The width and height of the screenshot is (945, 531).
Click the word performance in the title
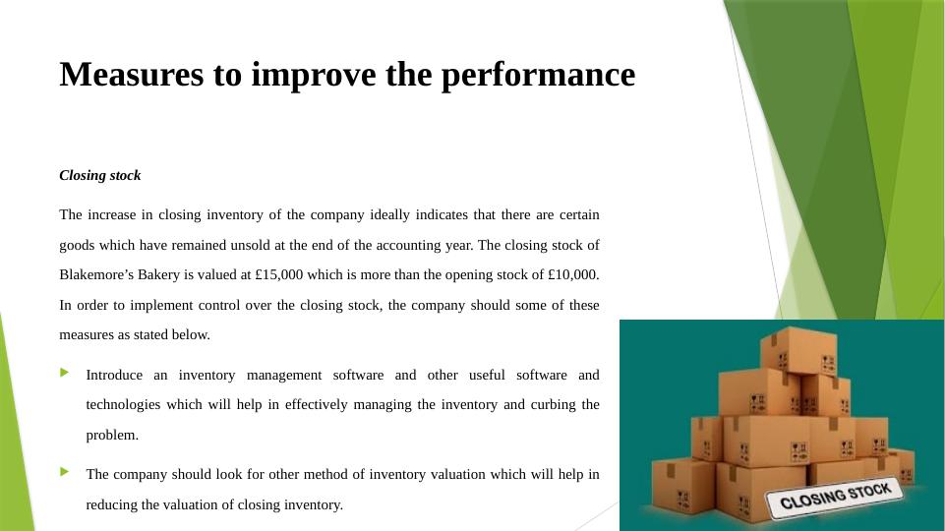(x=538, y=75)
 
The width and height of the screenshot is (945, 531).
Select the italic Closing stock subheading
(x=100, y=175)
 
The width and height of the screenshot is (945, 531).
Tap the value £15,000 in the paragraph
(x=278, y=274)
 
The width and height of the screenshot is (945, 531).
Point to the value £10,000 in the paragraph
(x=572, y=274)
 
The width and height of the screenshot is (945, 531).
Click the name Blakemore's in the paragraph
(x=96, y=274)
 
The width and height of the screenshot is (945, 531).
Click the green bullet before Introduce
(x=65, y=373)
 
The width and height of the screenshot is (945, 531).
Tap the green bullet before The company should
(x=65, y=472)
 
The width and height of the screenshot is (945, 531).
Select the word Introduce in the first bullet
(x=114, y=375)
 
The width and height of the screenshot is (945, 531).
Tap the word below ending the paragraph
(x=192, y=334)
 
